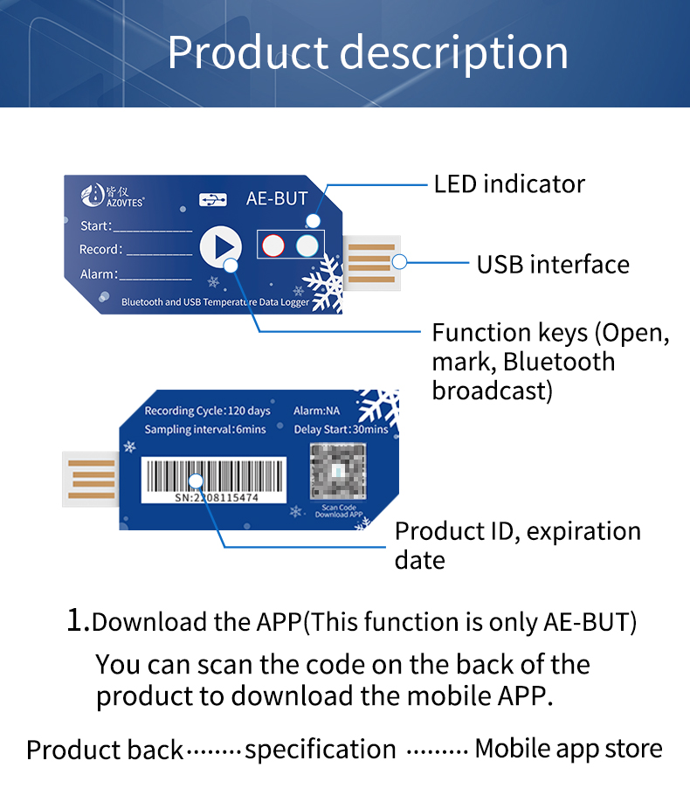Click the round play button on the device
click(221, 247)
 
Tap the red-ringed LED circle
click(273, 245)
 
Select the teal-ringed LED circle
click(307, 245)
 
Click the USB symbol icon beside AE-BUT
click(213, 199)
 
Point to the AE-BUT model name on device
click(277, 198)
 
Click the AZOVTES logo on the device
click(113, 196)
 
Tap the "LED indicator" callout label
click(509, 184)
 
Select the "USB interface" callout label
click(553, 265)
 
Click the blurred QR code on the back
click(338, 472)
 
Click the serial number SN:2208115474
click(217, 498)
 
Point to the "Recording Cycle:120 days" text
click(207, 411)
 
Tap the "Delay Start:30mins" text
click(341, 429)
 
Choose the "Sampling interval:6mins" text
click(205, 429)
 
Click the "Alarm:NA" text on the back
click(317, 411)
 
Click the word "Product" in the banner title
click(248, 52)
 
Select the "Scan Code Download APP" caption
click(339, 511)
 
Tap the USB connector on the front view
click(371, 263)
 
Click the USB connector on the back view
click(91, 479)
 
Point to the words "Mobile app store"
click(569, 749)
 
